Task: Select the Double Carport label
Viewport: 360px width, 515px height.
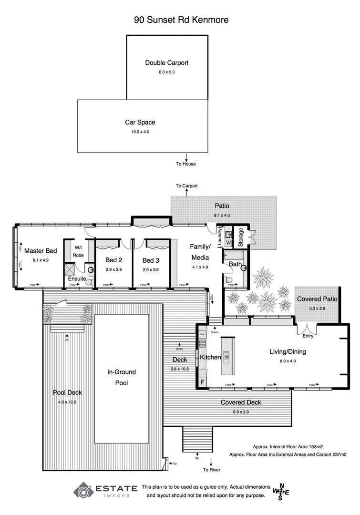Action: (x=167, y=62)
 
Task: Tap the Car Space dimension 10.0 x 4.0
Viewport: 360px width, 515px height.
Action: (x=140, y=132)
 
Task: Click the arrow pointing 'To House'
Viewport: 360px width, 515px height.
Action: (x=186, y=157)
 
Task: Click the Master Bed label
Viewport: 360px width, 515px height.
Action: (x=41, y=251)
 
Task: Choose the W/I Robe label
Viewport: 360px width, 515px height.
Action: (x=78, y=251)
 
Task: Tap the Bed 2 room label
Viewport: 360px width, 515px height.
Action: (x=114, y=260)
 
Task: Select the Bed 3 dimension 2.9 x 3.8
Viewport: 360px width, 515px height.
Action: (x=150, y=269)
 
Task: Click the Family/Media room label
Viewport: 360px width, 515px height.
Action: (x=200, y=252)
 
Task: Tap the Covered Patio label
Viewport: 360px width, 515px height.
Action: (x=317, y=299)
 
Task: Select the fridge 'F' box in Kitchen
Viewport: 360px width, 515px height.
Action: (x=202, y=382)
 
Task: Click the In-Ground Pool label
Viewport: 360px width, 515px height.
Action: (x=122, y=377)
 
